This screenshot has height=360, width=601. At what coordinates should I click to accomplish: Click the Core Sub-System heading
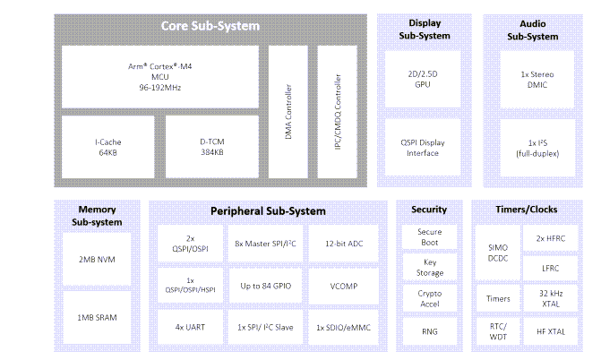click(x=210, y=26)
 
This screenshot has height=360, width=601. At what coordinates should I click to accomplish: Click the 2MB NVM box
click(x=97, y=260)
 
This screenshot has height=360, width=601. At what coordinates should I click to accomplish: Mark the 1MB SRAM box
click(x=97, y=318)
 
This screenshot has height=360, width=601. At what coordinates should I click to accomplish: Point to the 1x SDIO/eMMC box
click(x=343, y=327)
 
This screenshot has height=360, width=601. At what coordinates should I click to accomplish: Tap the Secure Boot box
click(x=429, y=236)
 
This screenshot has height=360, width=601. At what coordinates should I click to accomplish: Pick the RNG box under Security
click(x=429, y=331)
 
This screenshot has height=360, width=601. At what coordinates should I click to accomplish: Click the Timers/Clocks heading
click(x=526, y=210)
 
